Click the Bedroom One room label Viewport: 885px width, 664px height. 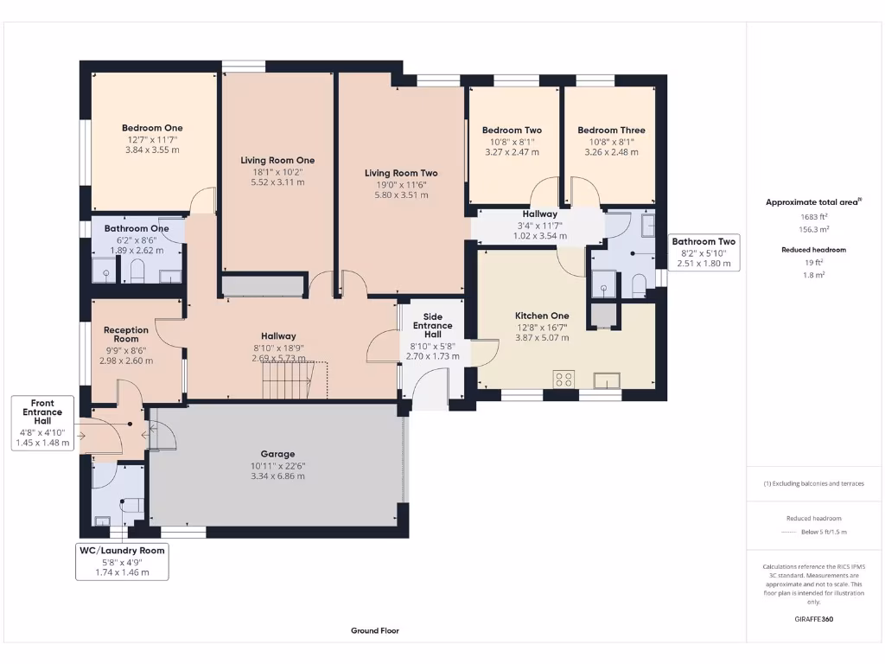[152, 128]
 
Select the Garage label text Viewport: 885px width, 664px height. [277, 454]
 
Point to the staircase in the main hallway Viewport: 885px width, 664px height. [285, 380]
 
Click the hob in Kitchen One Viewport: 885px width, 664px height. [564, 378]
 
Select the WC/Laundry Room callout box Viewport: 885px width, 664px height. [122, 561]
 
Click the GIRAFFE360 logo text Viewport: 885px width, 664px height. [813, 619]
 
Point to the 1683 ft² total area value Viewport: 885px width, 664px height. [813, 217]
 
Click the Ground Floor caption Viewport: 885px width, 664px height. [374, 631]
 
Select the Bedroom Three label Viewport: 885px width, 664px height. [611, 131]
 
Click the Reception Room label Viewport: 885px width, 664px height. [126, 335]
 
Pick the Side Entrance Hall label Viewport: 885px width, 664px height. [432, 325]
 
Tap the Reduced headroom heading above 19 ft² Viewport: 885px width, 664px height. [813, 249]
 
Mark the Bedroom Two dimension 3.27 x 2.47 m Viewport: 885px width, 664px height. [512, 151]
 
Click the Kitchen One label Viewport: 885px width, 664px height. [542, 316]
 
